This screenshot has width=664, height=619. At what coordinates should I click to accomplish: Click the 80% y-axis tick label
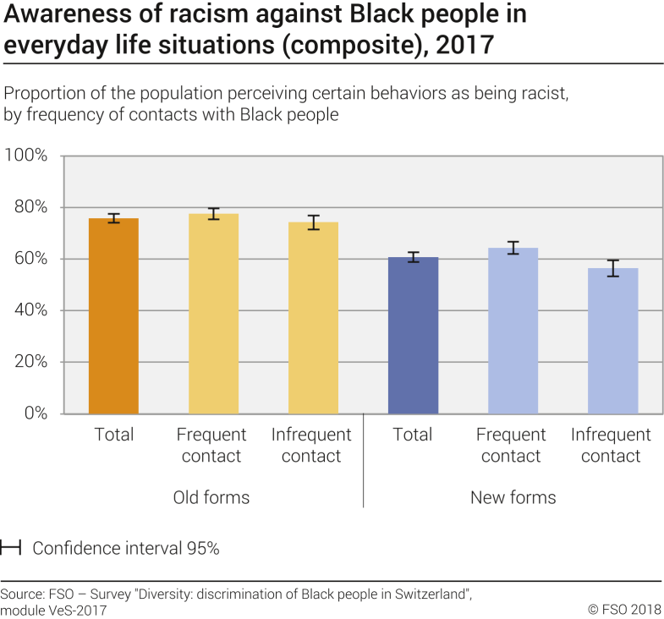click(x=29, y=207)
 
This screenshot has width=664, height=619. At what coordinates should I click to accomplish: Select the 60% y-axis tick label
click(x=29, y=259)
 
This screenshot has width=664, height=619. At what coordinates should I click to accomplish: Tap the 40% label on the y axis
click(x=29, y=310)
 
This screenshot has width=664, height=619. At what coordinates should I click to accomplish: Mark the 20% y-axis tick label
click(x=29, y=362)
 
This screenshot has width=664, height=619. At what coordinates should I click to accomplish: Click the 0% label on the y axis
click(x=34, y=414)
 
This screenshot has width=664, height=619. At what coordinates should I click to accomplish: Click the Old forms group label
click(x=211, y=497)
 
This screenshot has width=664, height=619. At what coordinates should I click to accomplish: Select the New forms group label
click(x=513, y=497)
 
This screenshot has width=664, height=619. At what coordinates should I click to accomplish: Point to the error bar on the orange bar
click(x=113, y=218)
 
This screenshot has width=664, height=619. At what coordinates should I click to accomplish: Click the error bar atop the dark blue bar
click(x=413, y=257)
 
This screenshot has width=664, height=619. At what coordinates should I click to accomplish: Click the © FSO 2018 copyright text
click(x=624, y=608)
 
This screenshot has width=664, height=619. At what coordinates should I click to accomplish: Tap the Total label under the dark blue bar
click(x=413, y=435)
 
